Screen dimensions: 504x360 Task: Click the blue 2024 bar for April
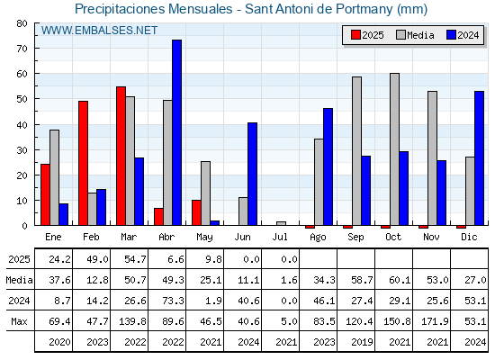pyautogui.click(x=176, y=132)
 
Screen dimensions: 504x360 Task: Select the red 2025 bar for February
pyautogui.click(x=83, y=163)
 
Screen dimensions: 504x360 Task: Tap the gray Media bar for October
pyautogui.click(x=394, y=149)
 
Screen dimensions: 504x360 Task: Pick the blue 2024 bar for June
pyautogui.click(x=252, y=174)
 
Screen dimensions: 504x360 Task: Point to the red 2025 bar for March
pyautogui.click(x=121, y=156)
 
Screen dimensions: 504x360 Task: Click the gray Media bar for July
pyautogui.click(x=281, y=223)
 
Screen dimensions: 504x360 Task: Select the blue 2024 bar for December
pyautogui.click(x=479, y=158)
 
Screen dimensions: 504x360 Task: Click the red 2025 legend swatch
pyautogui.click(x=355, y=35)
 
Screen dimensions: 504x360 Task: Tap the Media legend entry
pyautogui.click(x=415, y=35)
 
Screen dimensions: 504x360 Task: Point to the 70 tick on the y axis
pyautogui.click(x=22, y=49)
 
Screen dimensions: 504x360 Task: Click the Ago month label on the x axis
pyautogui.click(x=318, y=238)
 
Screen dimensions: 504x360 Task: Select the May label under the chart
pyautogui.click(x=204, y=238)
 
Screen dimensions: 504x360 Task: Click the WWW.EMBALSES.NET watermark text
pyautogui.click(x=99, y=31)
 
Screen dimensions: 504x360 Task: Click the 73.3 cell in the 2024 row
pyautogui.click(x=173, y=301)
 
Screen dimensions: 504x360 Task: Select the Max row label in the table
pyautogui.click(x=19, y=321)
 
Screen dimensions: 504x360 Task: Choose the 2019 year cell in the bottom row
pyautogui.click(x=362, y=342)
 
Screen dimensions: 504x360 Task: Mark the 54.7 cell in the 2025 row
pyautogui.click(x=135, y=259)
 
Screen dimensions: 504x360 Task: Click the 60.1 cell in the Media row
pyautogui.click(x=400, y=280)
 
